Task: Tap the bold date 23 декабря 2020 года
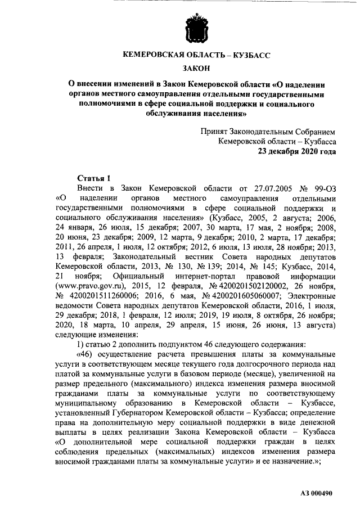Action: click(297, 152)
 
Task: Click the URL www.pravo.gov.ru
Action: click(91, 285)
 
